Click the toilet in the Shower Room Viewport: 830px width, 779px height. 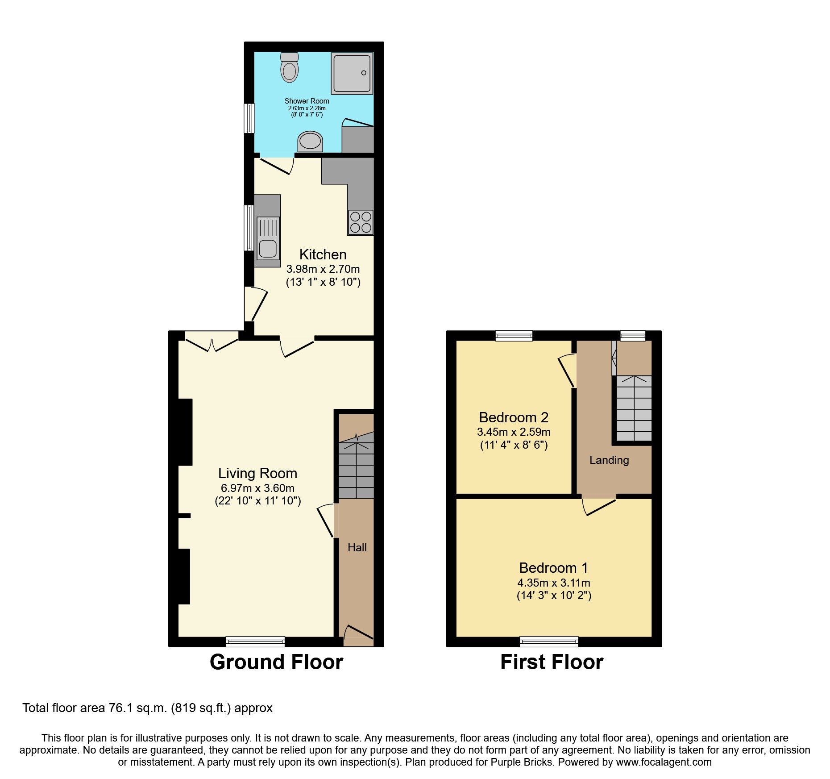(x=290, y=68)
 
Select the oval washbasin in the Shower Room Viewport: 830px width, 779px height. (x=310, y=142)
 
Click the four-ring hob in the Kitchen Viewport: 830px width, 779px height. (x=361, y=222)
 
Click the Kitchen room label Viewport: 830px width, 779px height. (x=323, y=254)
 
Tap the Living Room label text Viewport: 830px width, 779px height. (x=257, y=473)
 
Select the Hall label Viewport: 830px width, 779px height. (x=357, y=547)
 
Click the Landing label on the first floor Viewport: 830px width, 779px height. (x=609, y=460)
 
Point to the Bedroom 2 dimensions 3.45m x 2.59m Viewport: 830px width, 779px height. (x=514, y=432)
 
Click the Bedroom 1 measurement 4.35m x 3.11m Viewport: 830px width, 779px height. (x=554, y=583)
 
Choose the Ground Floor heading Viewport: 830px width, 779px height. (x=276, y=662)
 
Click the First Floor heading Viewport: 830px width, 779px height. (x=552, y=662)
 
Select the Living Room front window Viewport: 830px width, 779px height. (x=255, y=642)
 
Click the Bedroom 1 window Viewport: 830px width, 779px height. (x=549, y=642)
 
